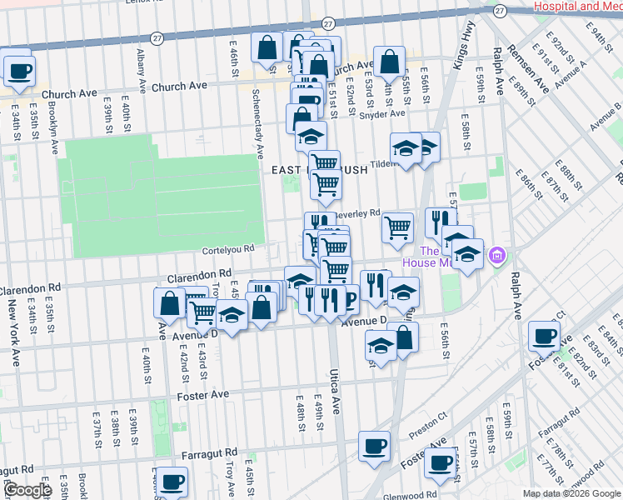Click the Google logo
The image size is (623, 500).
click(27, 490)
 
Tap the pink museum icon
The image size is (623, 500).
click(497, 254)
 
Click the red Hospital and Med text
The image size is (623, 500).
click(577, 6)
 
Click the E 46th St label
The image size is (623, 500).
click(234, 62)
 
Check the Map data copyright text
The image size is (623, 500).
click(571, 493)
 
